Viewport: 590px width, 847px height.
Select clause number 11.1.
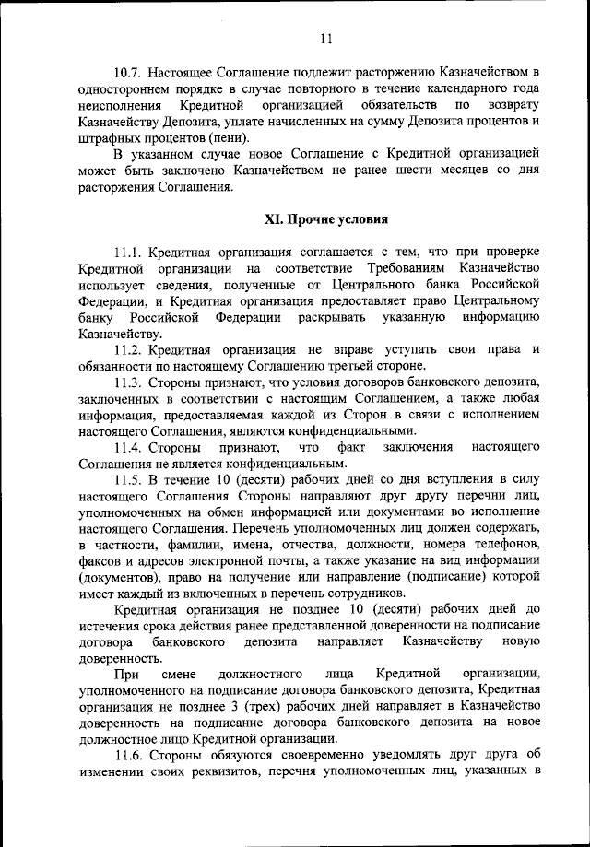pos(130,252)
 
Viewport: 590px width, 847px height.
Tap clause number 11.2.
pos(130,350)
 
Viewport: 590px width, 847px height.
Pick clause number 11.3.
pos(130,382)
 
